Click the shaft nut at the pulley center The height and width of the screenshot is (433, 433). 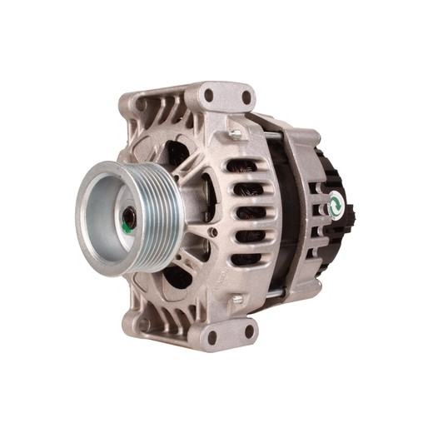tap(128, 223)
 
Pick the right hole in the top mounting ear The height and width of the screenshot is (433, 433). tap(246, 98)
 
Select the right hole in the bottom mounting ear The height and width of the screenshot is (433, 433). tap(248, 331)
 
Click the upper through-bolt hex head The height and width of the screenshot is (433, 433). tap(236, 133)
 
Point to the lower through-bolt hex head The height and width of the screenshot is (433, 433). tap(236, 297)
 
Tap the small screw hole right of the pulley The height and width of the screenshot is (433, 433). tap(214, 232)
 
